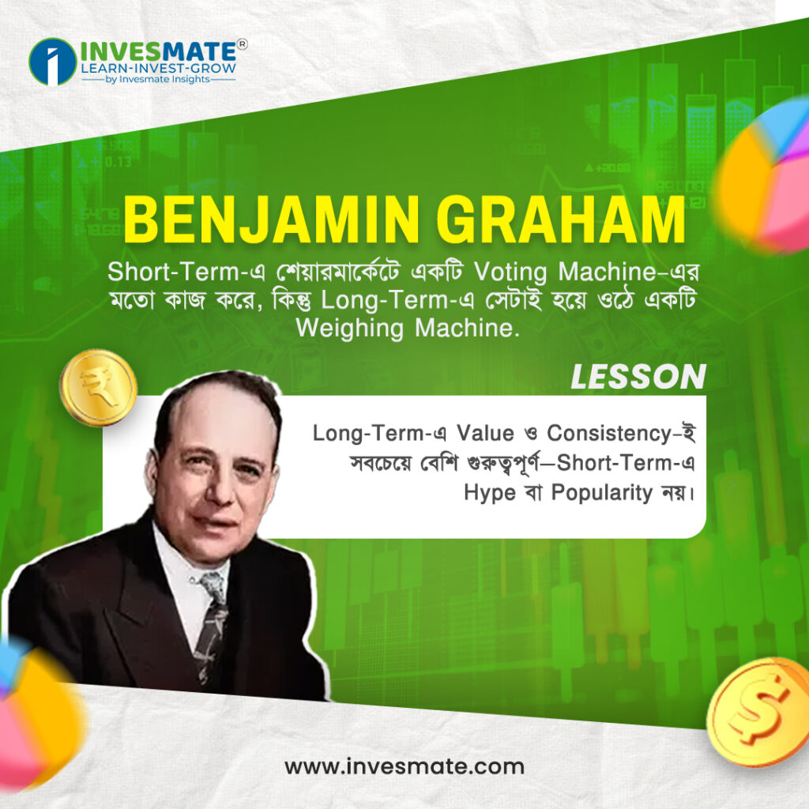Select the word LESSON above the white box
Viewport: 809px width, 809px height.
click(638, 377)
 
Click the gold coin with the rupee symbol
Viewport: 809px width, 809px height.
click(98, 387)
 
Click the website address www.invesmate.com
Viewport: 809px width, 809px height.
click(404, 766)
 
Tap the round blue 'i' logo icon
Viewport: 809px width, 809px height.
click(53, 62)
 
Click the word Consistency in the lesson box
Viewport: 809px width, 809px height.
click(609, 433)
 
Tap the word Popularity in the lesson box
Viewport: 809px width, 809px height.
click(601, 493)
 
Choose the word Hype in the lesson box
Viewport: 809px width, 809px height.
click(490, 493)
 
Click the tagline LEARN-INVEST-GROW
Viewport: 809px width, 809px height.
click(159, 68)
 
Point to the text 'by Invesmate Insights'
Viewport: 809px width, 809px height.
click(157, 79)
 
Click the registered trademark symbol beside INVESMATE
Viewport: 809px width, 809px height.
click(242, 44)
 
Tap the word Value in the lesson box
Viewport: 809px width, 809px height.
click(486, 433)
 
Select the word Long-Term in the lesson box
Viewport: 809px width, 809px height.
click(368, 433)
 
